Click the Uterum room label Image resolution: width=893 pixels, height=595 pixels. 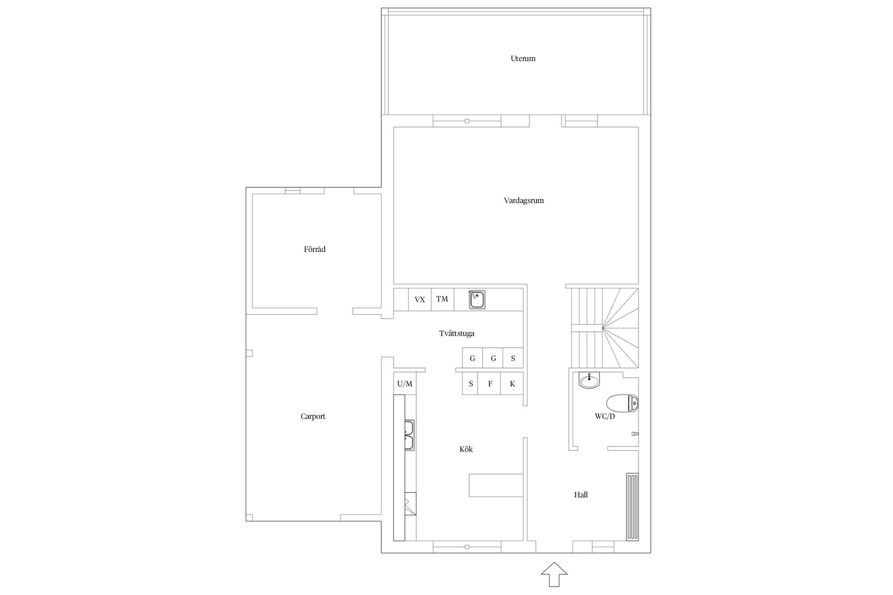coord(523,59)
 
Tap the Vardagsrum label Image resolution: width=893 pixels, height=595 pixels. coord(524,201)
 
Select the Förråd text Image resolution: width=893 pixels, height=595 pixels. coord(314,250)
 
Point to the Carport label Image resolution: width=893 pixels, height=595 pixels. coord(313,416)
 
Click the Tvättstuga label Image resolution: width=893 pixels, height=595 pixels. coord(457,334)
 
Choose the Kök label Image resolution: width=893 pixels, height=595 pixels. coord(466,450)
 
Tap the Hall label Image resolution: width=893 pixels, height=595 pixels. coord(580,495)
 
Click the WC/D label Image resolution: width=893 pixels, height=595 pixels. coord(605,416)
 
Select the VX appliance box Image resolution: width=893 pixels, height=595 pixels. coord(420,300)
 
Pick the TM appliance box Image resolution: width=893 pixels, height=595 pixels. coord(442,299)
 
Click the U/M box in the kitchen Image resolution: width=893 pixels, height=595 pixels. coord(405,384)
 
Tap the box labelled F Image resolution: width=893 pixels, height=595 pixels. coord(490,384)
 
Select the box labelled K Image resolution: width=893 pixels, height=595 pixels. coord(512,384)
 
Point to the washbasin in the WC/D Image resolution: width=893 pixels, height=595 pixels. coord(589,380)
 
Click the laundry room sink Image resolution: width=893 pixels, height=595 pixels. coord(477,300)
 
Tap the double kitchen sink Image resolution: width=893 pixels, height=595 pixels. coord(409,435)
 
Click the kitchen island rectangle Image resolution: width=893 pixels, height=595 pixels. coord(496,485)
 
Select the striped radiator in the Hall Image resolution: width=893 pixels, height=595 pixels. coord(632,507)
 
